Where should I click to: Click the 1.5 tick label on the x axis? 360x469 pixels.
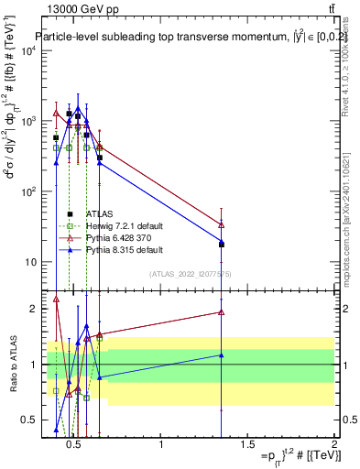click(247, 444)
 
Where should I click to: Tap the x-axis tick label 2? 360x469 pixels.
click(333, 444)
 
